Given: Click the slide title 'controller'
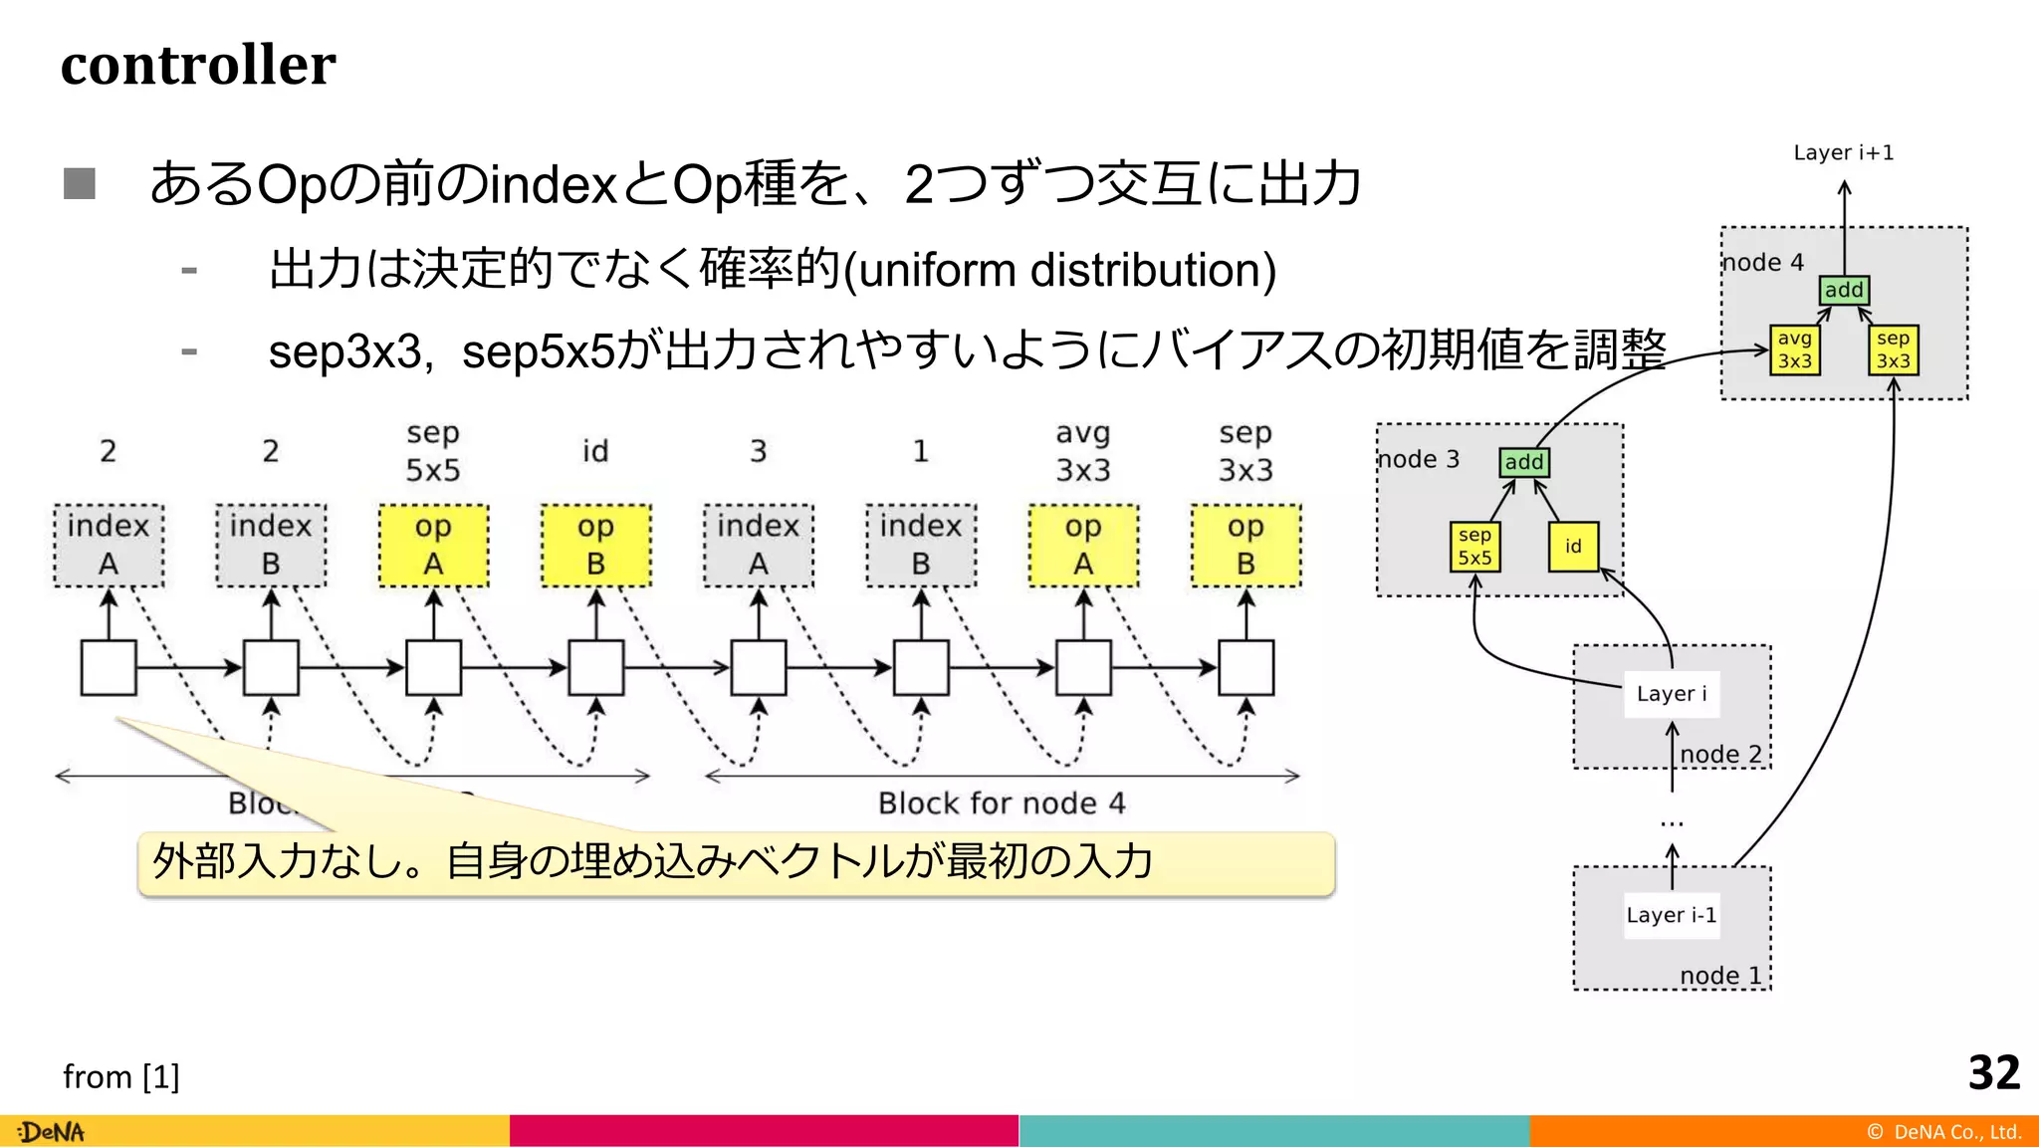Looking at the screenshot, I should click(x=198, y=65).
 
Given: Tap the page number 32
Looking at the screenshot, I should click(x=1993, y=1073).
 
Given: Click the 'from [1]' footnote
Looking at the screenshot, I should click(x=121, y=1076).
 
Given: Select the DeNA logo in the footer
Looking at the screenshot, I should click(x=52, y=1132).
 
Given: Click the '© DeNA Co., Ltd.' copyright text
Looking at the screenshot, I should click(x=1943, y=1132).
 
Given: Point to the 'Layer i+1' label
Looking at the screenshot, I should click(x=1843, y=152).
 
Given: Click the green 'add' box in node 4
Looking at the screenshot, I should click(x=1844, y=290).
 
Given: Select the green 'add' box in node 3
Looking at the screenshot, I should click(x=1523, y=462).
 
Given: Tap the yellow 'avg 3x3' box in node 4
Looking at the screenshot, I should click(x=1794, y=350).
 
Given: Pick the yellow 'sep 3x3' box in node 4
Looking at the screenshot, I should click(x=1893, y=350).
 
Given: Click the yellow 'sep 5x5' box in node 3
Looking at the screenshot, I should click(x=1474, y=547).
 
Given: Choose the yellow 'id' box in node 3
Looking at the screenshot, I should click(x=1573, y=547).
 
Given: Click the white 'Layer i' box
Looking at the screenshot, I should click(x=1671, y=693).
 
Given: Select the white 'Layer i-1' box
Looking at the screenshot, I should click(x=1671, y=915).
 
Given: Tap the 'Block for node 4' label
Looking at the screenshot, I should click(x=1002, y=803).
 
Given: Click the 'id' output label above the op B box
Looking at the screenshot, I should click(x=595, y=451).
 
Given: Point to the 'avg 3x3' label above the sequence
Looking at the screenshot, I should click(x=1083, y=451).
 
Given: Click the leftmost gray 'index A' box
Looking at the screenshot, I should click(x=109, y=545).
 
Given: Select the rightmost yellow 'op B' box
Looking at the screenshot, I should click(x=1246, y=545).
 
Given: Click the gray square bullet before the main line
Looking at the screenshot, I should click(x=80, y=183).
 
